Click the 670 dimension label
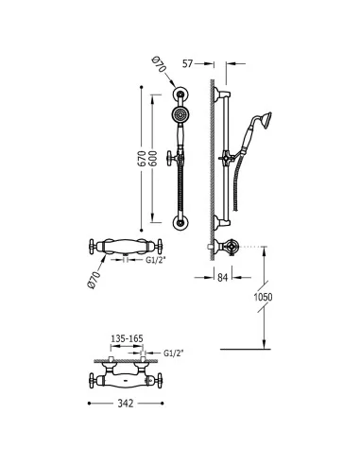142,160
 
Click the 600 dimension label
152,160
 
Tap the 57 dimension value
187,64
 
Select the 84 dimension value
222,278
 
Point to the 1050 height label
263,297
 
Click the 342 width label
126,404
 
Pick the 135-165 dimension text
127,338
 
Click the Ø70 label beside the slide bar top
159,64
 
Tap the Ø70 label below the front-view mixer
94,280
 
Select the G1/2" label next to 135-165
173,353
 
